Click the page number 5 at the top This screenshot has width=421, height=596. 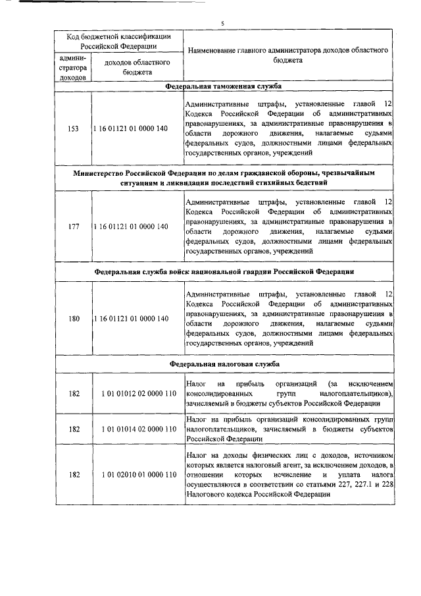coord(222,23)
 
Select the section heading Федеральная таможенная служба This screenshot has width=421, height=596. coord(223,86)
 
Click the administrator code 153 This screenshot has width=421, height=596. coord(74,128)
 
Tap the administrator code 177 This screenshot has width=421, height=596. coord(74,227)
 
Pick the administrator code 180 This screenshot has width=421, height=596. coord(74,319)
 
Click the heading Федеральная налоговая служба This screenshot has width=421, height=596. coord(223,364)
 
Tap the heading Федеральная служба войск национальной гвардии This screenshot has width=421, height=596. coord(223,271)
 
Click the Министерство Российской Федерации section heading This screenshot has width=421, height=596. coord(223,177)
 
